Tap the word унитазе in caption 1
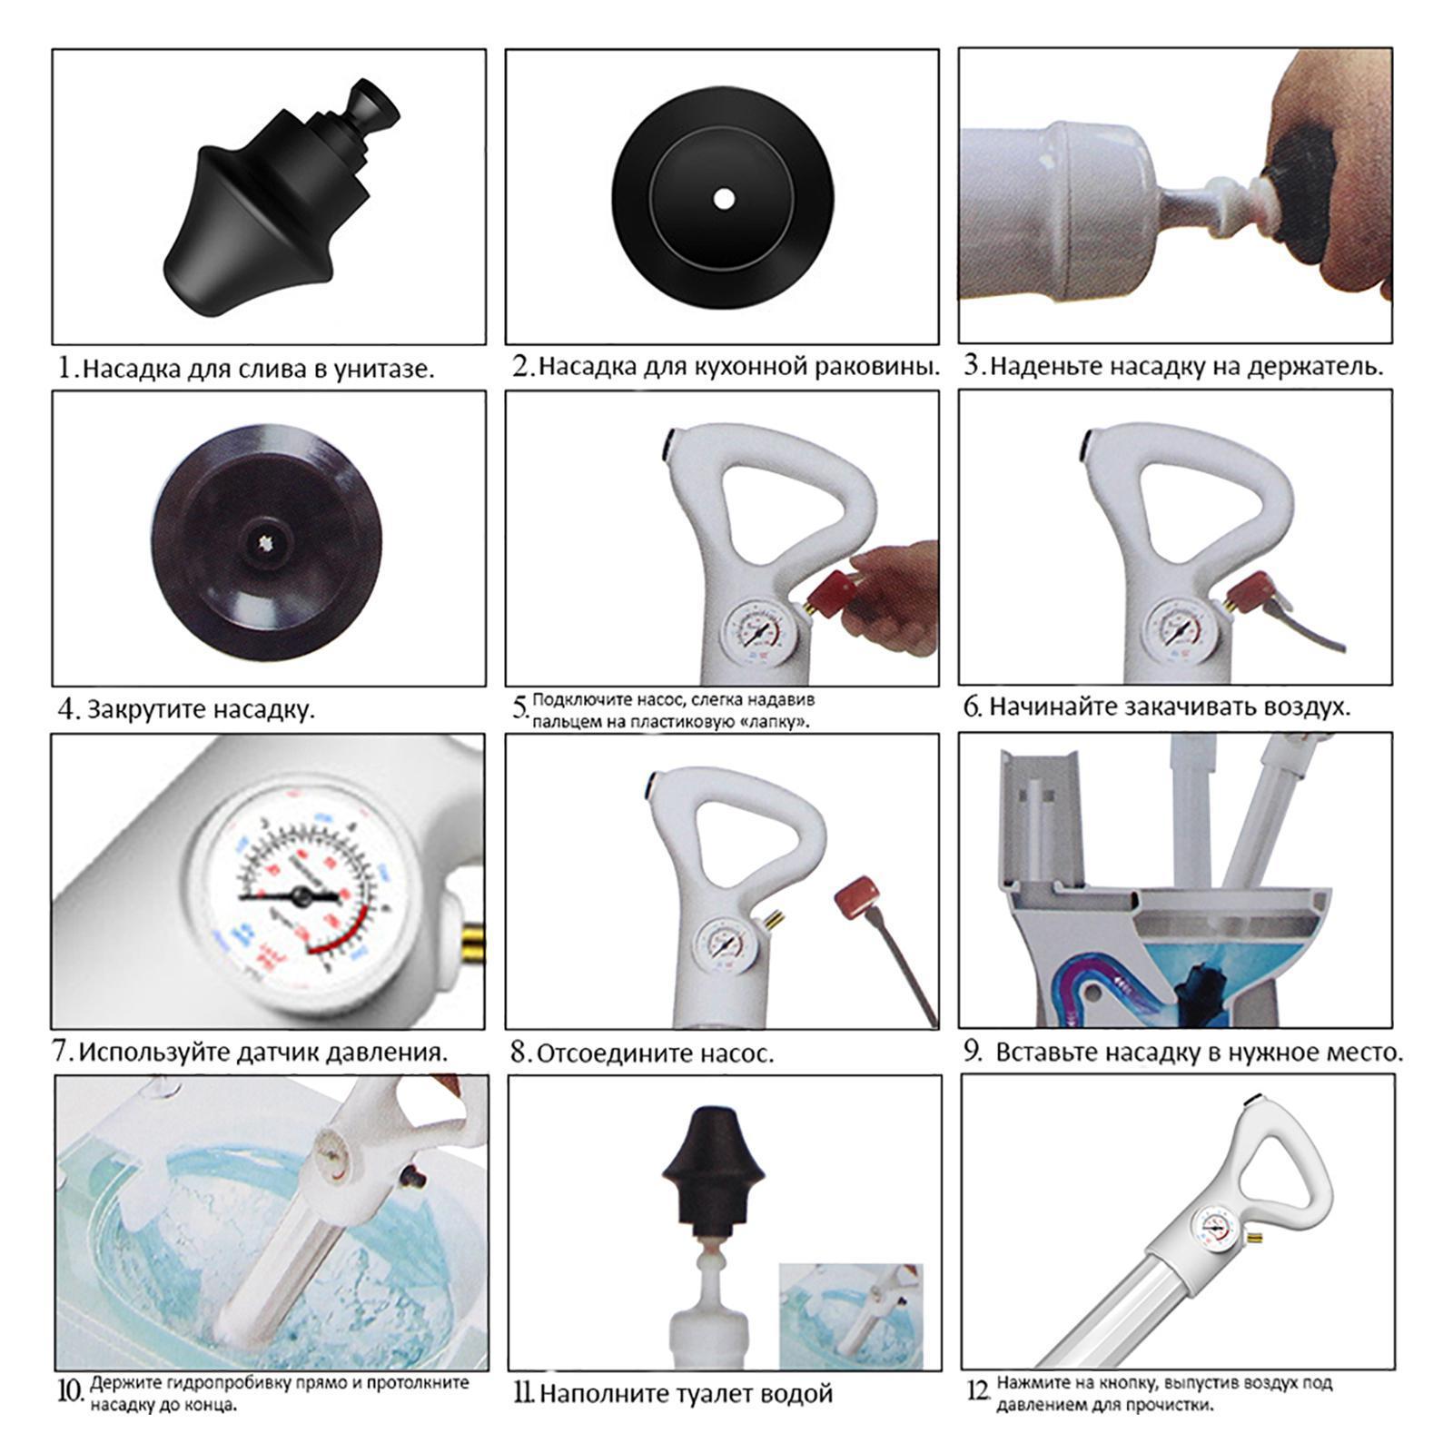coord(384,370)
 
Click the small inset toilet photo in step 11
coord(851,1316)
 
